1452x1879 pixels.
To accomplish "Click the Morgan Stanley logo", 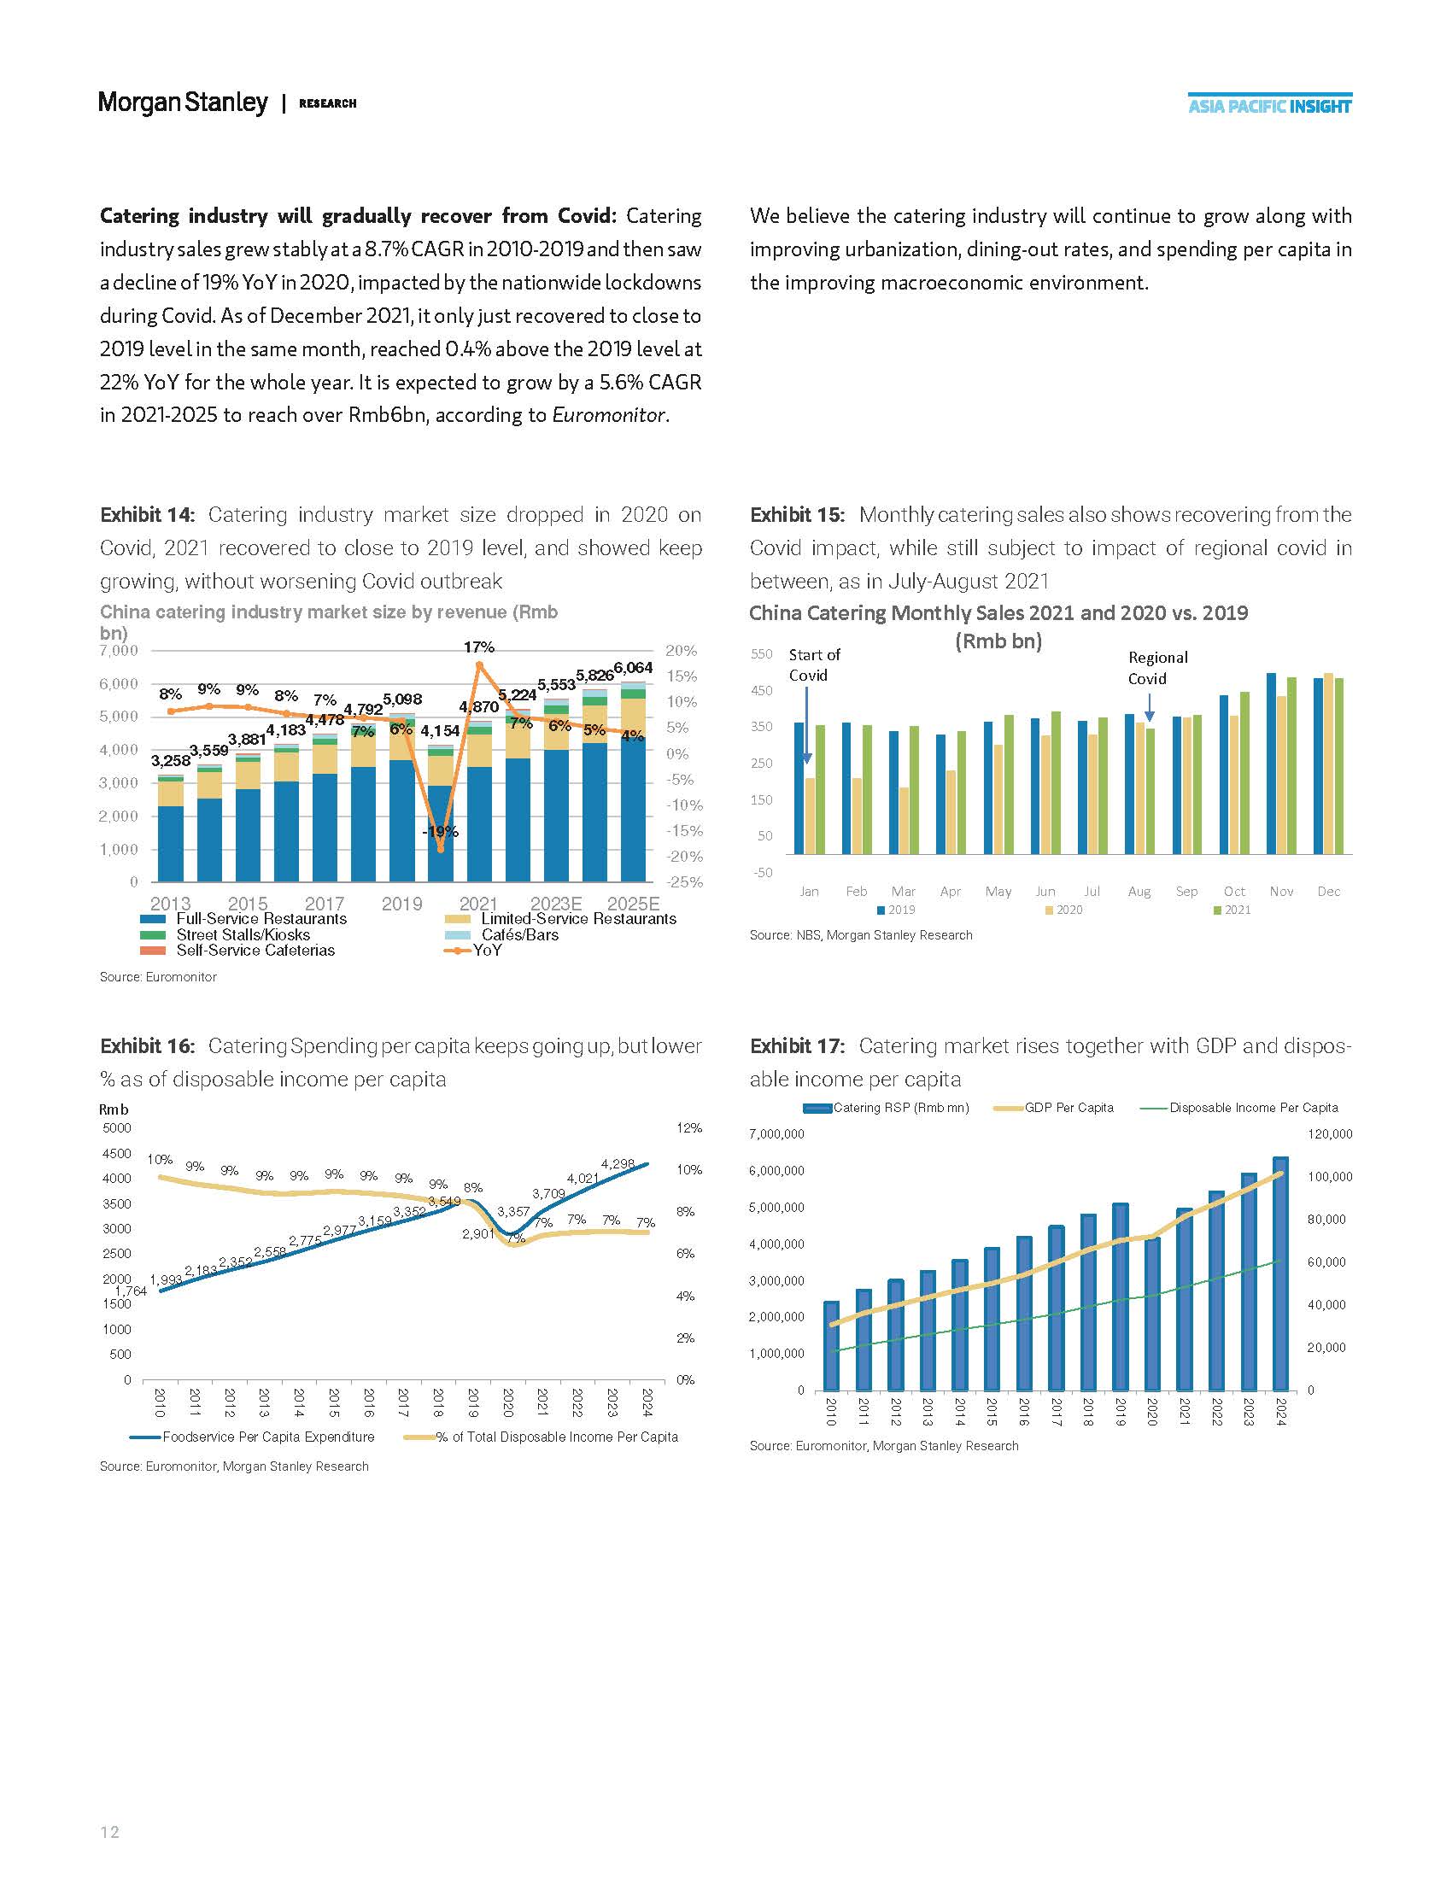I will coord(184,102).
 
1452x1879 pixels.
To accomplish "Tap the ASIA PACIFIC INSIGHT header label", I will coord(1268,107).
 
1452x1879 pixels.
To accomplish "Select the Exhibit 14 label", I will coord(147,514).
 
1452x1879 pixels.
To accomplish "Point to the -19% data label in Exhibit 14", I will coord(440,832).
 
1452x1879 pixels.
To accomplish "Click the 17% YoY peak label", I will coord(478,647).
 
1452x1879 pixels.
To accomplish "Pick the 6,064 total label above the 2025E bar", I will coord(632,668).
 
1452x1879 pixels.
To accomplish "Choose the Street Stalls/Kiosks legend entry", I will coord(243,934).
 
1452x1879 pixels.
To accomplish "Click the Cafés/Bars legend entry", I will coord(518,934).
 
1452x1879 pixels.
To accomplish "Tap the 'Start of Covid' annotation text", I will coord(814,665).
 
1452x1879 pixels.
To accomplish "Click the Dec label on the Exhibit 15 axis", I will coord(1328,892).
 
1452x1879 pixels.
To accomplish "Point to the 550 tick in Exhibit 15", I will coord(761,654).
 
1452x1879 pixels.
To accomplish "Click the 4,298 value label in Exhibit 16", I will coord(618,1164).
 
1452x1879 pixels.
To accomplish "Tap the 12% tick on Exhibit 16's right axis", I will coord(688,1128).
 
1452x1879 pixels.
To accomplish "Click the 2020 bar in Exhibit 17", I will coord(1152,1314).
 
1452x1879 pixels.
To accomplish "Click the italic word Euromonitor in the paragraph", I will coord(608,416).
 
